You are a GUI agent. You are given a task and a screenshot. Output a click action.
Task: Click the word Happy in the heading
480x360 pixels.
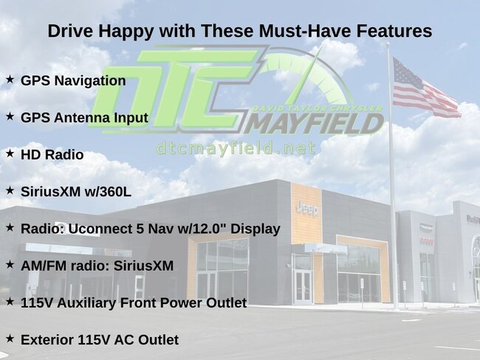[126, 32]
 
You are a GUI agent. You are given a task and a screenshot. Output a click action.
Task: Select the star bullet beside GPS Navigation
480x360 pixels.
[10, 80]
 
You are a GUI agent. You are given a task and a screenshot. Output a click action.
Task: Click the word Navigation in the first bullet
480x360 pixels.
[90, 81]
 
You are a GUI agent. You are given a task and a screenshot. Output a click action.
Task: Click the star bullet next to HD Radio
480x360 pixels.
[10, 153]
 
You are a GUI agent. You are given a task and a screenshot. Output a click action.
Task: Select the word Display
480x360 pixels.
[256, 229]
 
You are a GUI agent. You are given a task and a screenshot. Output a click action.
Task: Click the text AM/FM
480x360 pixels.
[44, 266]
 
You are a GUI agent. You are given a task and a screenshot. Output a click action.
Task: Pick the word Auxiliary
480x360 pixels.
[86, 303]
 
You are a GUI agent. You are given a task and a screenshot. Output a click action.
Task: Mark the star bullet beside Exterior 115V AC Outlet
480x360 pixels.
[10, 339]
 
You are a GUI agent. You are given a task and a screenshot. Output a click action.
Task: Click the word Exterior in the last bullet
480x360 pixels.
[47, 340]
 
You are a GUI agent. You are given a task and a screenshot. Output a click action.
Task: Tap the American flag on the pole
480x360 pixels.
[425, 89]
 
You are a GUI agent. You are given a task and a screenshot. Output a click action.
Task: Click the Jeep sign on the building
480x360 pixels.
[307, 210]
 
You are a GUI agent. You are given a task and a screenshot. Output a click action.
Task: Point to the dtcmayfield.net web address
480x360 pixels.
[236, 149]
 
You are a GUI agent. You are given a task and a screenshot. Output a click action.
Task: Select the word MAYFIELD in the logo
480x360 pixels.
[314, 123]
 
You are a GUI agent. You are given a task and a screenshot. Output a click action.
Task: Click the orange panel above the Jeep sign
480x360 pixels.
[306, 193]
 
